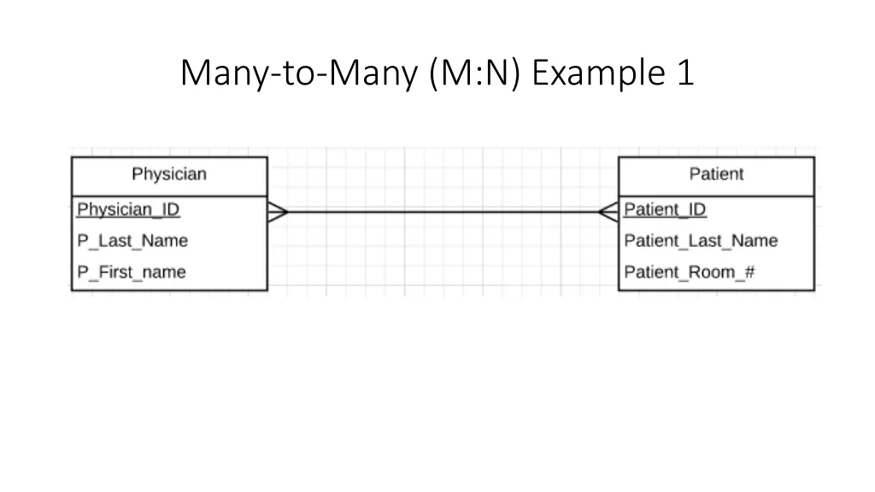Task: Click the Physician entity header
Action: [x=168, y=175]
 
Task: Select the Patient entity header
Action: [x=716, y=175]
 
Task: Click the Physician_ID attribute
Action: [x=128, y=209]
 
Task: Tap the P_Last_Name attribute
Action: [x=132, y=241]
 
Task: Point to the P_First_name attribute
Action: [x=132, y=272]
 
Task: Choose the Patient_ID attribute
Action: [x=665, y=209]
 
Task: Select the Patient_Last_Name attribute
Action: [x=701, y=241]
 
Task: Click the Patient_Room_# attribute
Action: [x=689, y=272]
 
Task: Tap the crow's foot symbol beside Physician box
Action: [x=278, y=212]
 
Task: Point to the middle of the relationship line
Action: [x=443, y=212]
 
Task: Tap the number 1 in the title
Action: [x=684, y=73]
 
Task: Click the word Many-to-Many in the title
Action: [x=298, y=73]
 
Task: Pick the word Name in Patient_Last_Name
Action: [x=755, y=241]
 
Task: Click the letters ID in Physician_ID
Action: [x=169, y=209]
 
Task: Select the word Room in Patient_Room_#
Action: [x=712, y=272]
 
